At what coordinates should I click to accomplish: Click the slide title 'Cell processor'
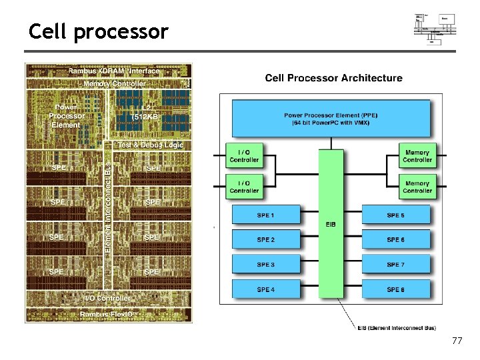(99, 31)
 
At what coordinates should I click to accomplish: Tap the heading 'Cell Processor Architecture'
(333, 78)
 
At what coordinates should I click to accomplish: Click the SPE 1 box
(265, 215)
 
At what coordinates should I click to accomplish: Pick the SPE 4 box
(265, 289)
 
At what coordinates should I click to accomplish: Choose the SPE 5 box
(395, 215)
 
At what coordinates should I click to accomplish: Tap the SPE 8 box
(395, 289)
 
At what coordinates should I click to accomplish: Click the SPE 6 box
(395, 240)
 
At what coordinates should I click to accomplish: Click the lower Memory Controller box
(417, 187)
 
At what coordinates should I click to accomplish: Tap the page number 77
(457, 341)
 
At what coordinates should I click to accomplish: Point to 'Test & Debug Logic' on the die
(150, 145)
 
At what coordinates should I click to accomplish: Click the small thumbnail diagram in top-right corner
(434, 28)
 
